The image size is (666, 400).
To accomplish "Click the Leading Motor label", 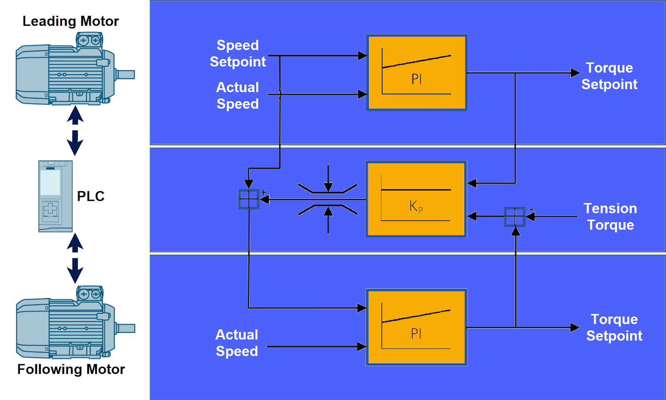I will (x=70, y=21).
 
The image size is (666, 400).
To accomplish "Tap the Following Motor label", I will (x=71, y=369).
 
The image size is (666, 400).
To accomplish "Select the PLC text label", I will (x=91, y=196).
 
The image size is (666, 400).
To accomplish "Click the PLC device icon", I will (x=55, y=196).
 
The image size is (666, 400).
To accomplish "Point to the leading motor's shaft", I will (x=126, y=75).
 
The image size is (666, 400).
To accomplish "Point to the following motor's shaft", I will (x=126, y=328).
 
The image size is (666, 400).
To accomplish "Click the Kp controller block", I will (x=416, y=199).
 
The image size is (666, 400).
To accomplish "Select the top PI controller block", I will (x=417, y=72).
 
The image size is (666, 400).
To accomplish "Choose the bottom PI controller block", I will (x=416, y=327).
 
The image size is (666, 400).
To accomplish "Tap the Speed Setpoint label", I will (x=238, y=53).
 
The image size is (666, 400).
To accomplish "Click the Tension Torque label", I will (x=610, y=217).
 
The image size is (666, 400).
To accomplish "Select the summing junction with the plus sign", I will (x=249, y=199).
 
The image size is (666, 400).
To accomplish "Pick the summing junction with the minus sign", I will (x=515, y=217).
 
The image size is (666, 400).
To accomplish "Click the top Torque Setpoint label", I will (x=609, y=76).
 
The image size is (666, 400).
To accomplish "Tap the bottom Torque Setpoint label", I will (x=614, y=327).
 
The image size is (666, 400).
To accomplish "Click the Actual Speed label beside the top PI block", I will (x=238, y=96).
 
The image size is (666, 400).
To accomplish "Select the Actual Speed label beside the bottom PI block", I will (x=237, y=343).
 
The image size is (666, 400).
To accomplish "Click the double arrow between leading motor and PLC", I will (x=75, y=131).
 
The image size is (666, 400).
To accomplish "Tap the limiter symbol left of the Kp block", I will (x=328, y=199).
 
